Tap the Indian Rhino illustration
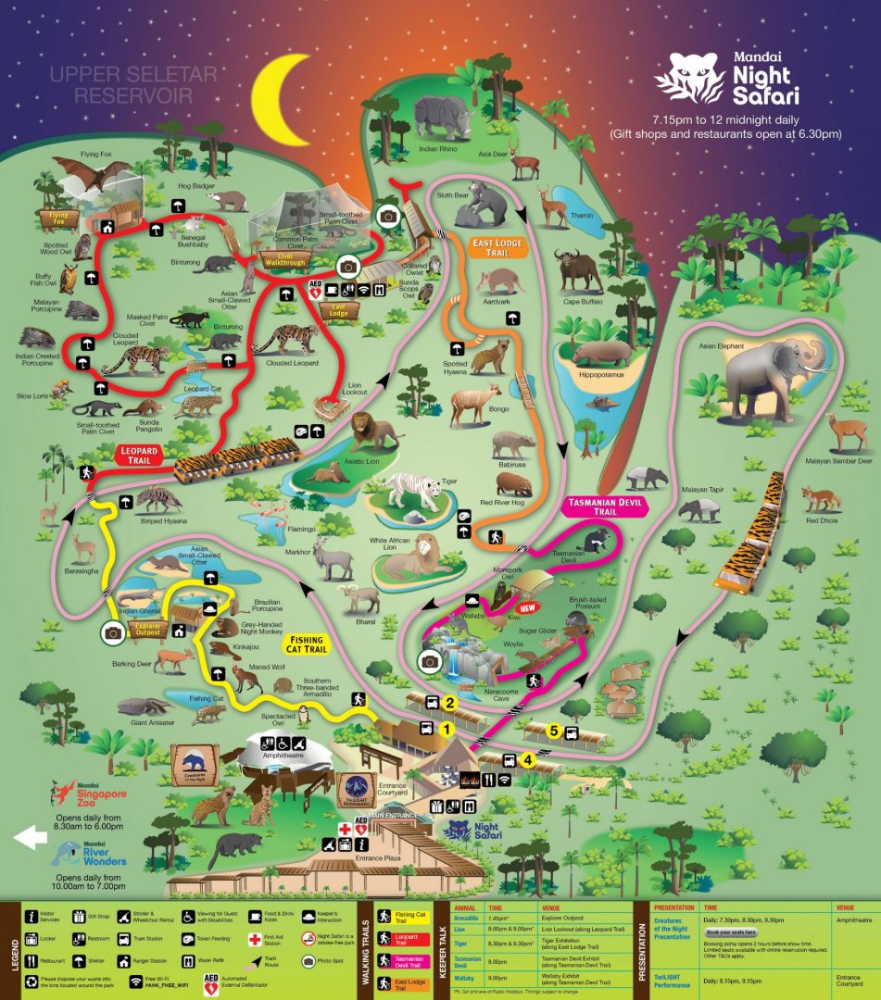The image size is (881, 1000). (x=443, y=118)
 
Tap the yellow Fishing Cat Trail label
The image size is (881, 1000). (x=306, y=644)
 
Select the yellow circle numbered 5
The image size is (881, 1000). (x=554, y=731)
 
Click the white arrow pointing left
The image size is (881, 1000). (x=29, y=837)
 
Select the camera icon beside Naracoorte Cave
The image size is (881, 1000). (x=429, y=660)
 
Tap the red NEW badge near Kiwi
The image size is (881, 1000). (x=529, y=608)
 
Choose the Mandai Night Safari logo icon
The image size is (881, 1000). (x=689, y=78)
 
